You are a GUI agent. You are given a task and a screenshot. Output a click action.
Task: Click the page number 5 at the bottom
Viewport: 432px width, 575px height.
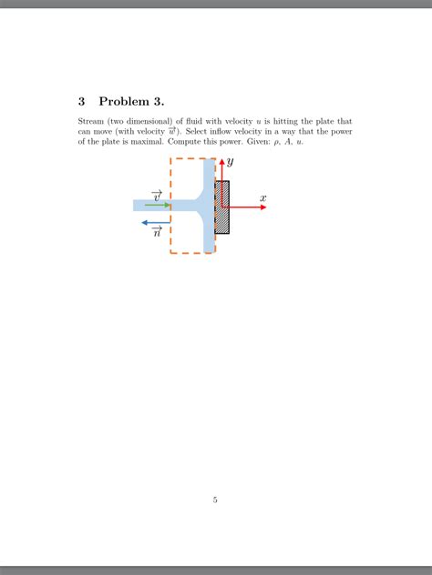(215, 499)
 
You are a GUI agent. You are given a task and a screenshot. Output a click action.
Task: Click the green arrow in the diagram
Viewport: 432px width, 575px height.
(157, 205)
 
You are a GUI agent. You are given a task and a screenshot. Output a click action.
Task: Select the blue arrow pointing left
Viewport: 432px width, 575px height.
(156, 222)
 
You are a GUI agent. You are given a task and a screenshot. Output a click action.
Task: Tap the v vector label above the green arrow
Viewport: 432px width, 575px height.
(157, 196)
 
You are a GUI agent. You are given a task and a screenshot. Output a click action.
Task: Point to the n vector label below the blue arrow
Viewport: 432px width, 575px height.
(157, 233)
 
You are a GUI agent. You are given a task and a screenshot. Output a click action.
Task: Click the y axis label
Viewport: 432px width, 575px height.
(231, 161)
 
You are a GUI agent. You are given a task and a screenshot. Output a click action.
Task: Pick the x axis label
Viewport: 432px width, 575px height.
(262, 197)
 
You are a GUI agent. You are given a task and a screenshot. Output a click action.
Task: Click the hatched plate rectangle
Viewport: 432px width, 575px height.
(222, 207)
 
